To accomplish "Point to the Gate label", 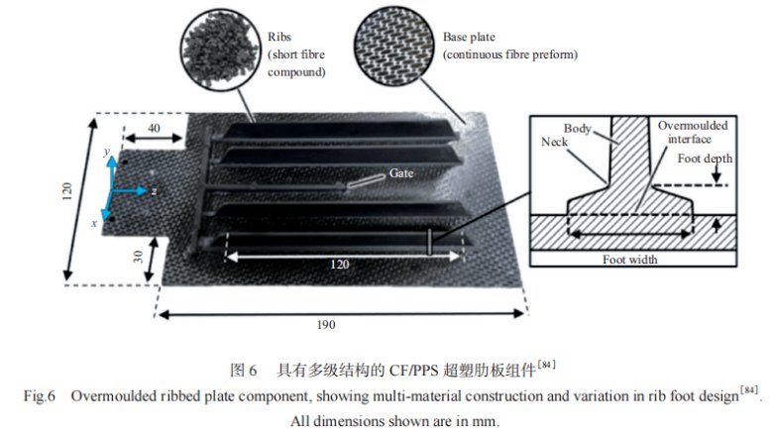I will point(400,172).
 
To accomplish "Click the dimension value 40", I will point(154,129).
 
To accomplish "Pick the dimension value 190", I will point(325,325).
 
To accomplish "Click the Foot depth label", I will point(704,160).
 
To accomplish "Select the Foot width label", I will point(630,260).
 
